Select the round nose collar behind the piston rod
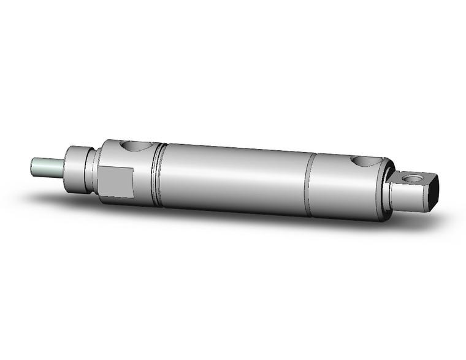pyautogui.click(x=78, y=169)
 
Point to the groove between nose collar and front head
pyautogui.click(x=94, y=172)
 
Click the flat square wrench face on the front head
pyautogui.click(x=116, y=183)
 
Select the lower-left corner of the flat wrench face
pyautogui.click(x=100, y=196)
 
